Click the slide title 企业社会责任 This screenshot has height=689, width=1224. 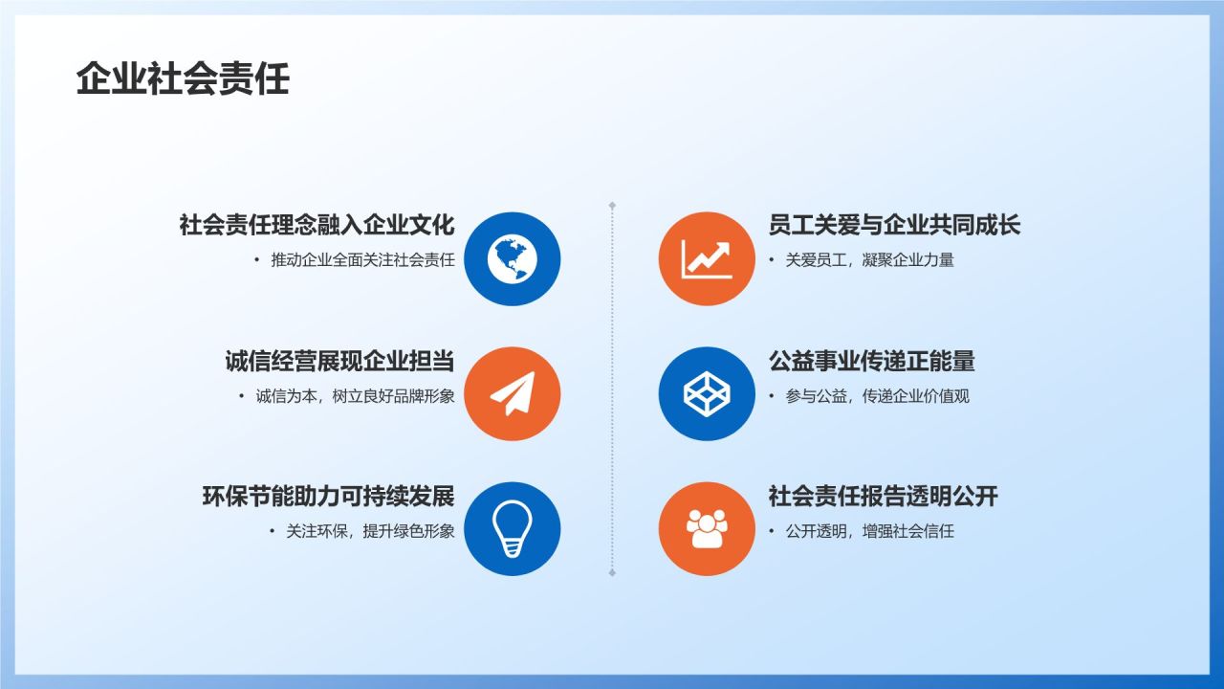(x=183, y=79)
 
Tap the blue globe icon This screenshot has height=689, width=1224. (x=513, y=258)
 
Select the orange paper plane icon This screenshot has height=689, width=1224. (x=513, y=393)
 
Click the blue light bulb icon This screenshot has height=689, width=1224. (x=513, y=528)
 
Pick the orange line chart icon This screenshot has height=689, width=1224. (x=707, y=258)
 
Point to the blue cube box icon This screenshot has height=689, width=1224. (x=707, y=393)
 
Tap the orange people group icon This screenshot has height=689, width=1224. (x=707, y=528)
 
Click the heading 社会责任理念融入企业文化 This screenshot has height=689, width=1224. (x=317, y=226)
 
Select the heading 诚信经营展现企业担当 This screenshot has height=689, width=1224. (x=339, y=362)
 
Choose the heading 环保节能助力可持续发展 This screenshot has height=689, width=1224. (x=328, y=497)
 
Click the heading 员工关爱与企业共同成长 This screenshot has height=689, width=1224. (x=894, y=226)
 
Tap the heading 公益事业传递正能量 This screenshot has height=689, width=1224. (x=871, y=362)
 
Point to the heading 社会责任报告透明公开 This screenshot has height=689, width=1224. (x=883, y=497)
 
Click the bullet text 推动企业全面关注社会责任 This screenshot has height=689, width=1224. (x=362, y=260)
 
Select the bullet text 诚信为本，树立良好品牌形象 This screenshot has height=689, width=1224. (x=355, y=396)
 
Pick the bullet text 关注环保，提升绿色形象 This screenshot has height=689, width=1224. (x=370, y=531)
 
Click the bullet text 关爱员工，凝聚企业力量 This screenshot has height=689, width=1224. (x=869, y=260)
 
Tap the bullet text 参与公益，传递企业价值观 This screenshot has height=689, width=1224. (x=877, y=396)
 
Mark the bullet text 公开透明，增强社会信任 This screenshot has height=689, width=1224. (x=869, y=531)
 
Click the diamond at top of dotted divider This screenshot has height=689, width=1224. (x=612, y=205)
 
